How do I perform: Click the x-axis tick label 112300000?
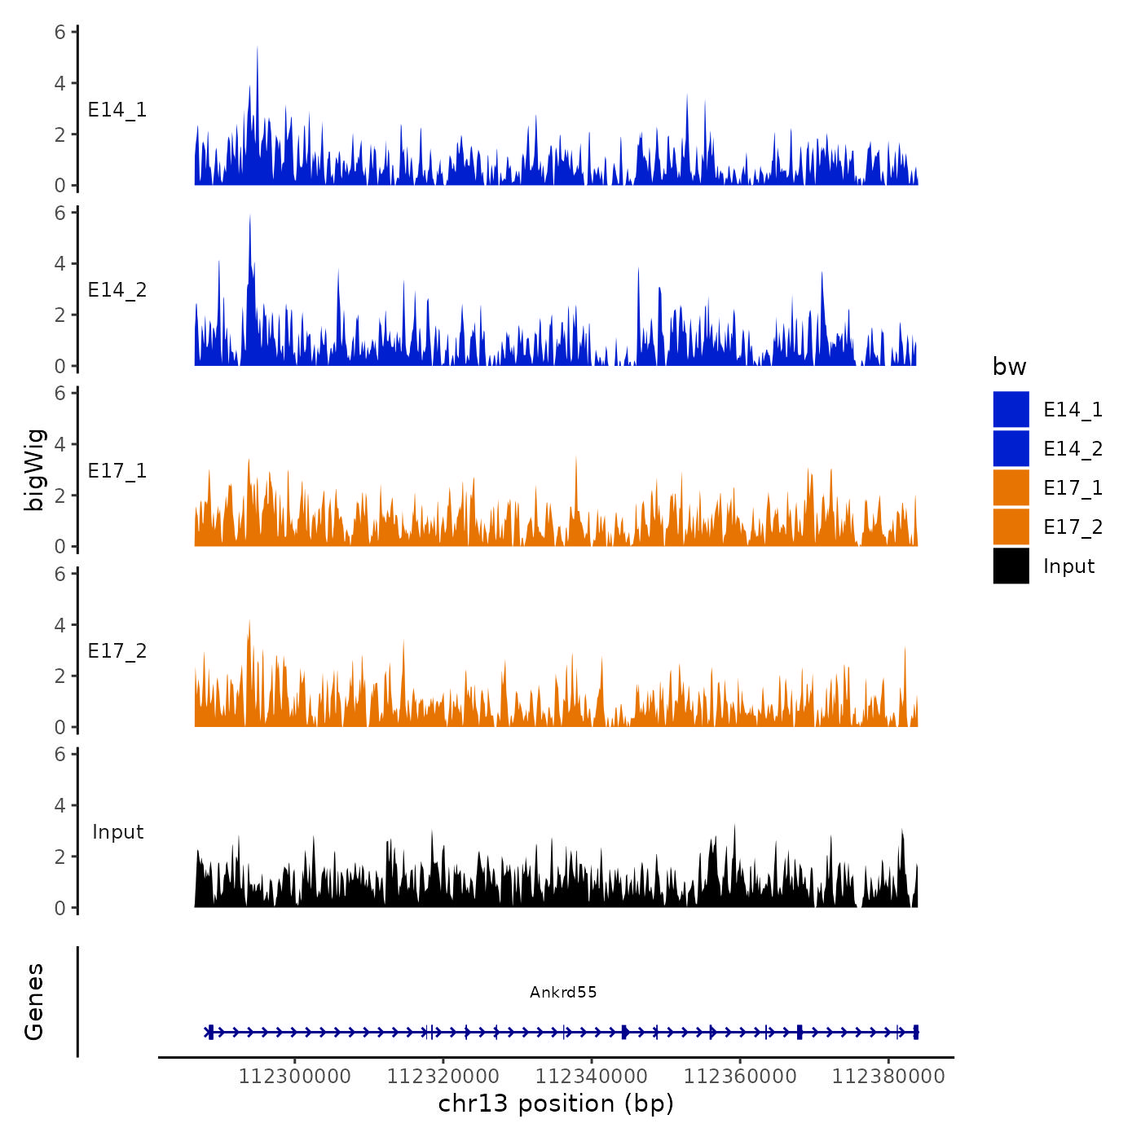[x=294, y=1076]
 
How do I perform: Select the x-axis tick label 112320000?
[x=443, y=1076]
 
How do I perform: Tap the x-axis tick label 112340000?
[x=591, y=1076]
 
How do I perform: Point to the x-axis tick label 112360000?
[x=739, y=1076]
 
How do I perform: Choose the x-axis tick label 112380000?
[x=888, y=1076]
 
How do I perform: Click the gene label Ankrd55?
[x=563, y=992]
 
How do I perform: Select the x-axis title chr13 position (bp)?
[x=556, y=1104]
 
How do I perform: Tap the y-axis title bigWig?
[x=34, y=470]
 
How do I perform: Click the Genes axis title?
[x=34, y=1002]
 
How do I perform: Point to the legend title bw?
[x=1009, y=367]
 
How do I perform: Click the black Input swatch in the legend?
[x=1011, y=566]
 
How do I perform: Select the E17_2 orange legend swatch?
[x=1011, y=526]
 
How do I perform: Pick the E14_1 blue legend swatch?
[x=1011, y=409]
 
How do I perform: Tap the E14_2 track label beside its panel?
[x=117, y=290]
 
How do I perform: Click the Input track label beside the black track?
[x=117, y=831]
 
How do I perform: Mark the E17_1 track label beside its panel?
[x=117, y=471]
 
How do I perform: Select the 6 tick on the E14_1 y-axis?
[x=60, y=33]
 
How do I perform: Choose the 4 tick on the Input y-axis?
[x=60, y=805]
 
